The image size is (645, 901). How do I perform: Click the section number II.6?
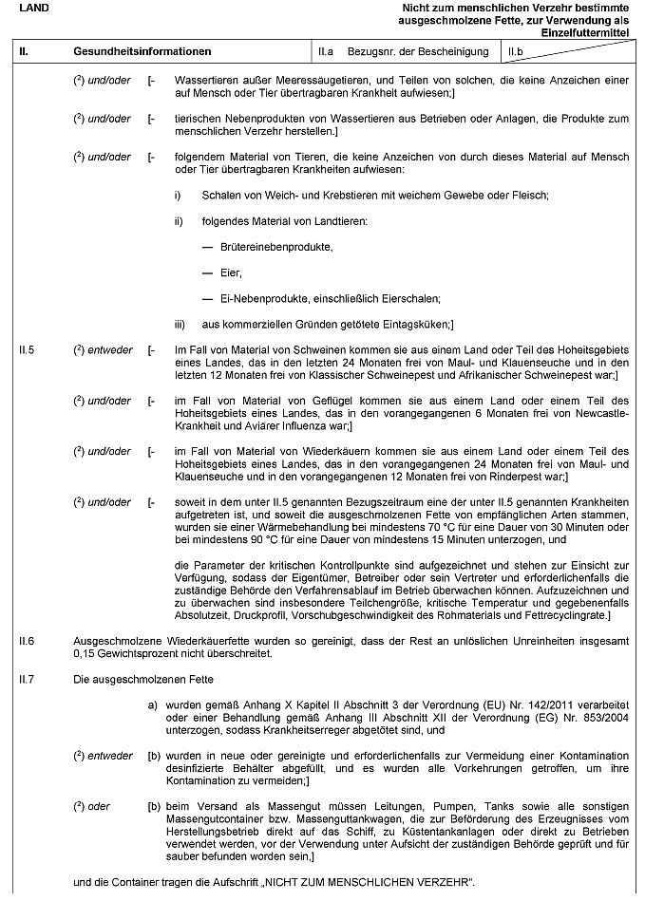28,641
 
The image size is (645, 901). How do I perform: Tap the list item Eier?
231,272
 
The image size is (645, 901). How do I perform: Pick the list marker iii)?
180,324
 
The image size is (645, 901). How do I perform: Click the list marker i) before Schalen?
177,195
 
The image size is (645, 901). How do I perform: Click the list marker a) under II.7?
152,705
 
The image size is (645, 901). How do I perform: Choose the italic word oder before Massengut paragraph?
99,806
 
